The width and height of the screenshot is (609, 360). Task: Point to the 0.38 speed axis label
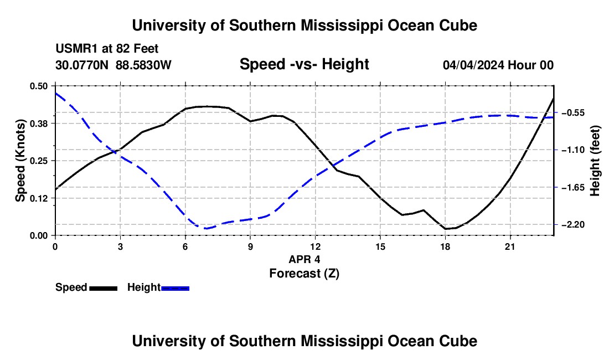38,124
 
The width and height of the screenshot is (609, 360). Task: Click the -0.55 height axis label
573,112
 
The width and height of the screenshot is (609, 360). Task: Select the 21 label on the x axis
510,246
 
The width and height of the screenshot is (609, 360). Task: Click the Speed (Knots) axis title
20,161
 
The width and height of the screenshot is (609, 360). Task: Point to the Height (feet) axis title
595,161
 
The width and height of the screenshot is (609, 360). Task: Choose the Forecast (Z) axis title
304,274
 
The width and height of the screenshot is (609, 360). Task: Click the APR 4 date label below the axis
304,259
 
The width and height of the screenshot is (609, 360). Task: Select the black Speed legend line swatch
104,288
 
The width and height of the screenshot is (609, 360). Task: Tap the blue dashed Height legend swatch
175,288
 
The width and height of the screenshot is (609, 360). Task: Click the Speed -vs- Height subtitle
304,64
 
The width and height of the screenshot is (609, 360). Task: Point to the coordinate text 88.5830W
143,65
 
